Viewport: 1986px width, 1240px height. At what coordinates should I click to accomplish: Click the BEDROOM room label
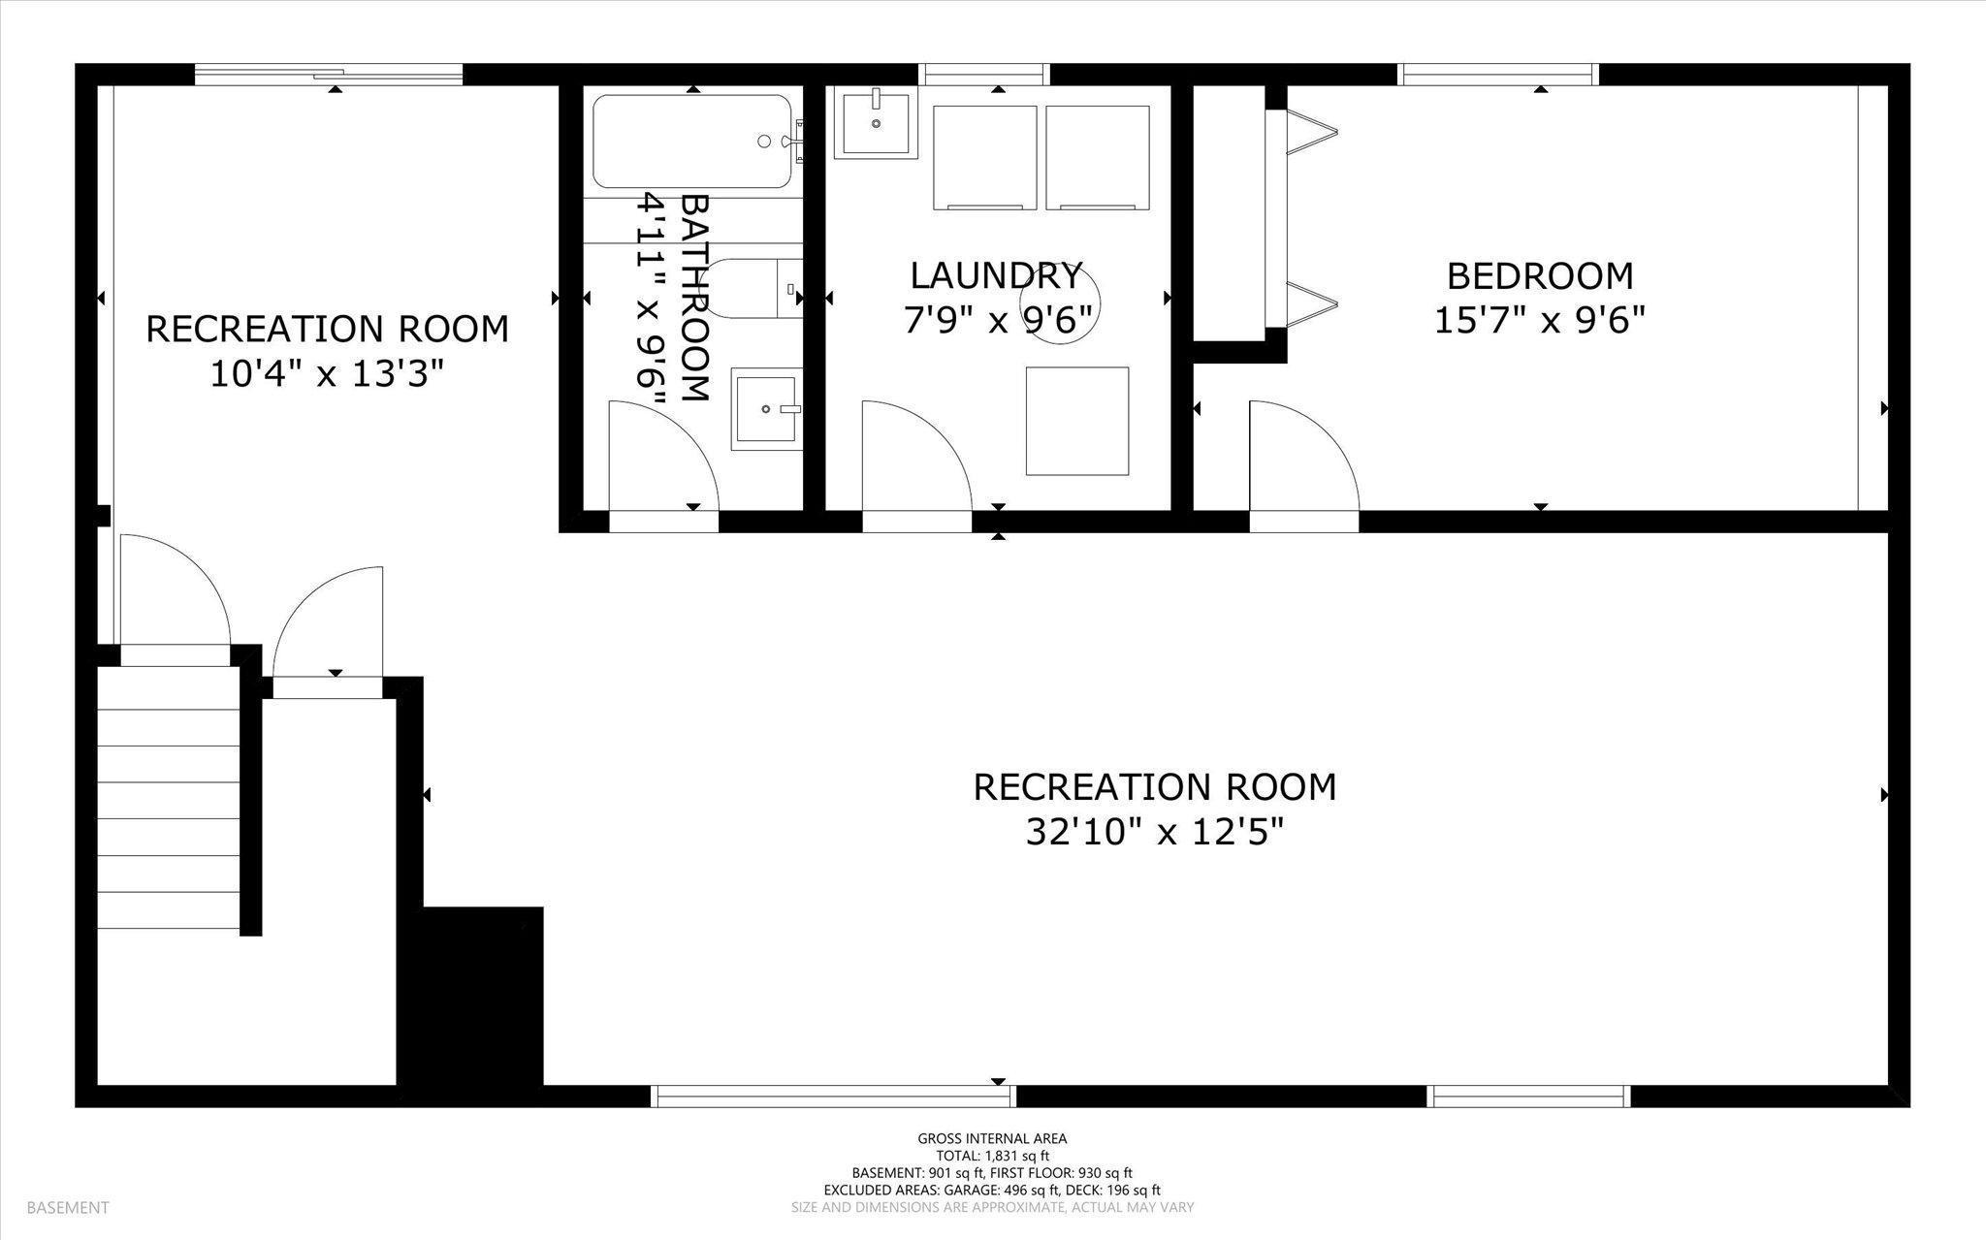tap(1540, 276)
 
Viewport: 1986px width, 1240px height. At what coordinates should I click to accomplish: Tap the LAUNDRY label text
tap(996, 276)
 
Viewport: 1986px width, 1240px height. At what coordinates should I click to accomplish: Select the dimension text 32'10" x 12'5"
tap(1155, 832)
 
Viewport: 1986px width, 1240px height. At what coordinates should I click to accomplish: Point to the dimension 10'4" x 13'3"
tap(327, 373)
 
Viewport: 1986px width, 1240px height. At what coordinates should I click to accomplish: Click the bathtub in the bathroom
tap(694, 141)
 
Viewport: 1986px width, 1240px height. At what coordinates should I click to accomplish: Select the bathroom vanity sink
tap(767, 409)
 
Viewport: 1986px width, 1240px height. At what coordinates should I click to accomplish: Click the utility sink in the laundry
tap(876, 123)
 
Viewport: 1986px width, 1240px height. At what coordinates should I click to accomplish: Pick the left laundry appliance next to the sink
tap(985, 158)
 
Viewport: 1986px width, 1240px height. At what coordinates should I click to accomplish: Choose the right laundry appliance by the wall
tap(1098, 158)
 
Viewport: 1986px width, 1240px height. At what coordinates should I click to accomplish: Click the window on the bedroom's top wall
tap(1497, 75)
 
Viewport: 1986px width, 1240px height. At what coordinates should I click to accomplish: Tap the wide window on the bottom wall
tap(833, 1097)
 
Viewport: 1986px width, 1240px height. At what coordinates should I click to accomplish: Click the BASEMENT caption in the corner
tap(68, 1208)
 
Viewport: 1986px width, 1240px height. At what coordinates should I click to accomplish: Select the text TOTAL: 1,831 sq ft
tap(992, 1156)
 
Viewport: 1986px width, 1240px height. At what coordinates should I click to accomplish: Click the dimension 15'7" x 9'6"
tap(1540, 320)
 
